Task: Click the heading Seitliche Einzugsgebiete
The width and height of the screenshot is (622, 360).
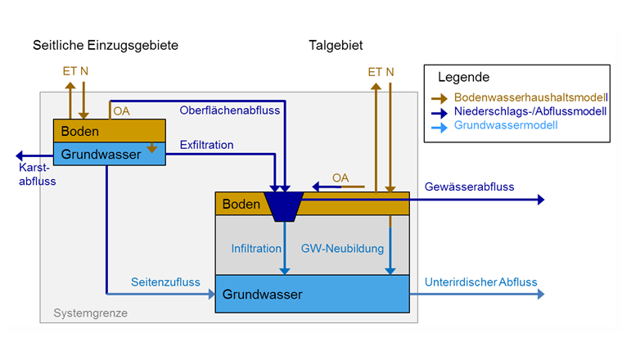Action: click(x=105, y=44)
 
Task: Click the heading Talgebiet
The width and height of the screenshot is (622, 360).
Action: click(x=336, y=44)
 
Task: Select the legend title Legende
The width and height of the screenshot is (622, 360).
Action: click(x=463, y=78)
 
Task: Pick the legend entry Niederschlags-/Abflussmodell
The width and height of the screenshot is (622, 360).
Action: click(x=530, y=111)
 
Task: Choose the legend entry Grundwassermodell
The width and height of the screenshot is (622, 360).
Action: click(x=506, y=125)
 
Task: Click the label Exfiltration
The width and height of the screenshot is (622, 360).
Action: click(x=206, y=146)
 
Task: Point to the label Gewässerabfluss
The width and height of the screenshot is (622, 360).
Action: click(x=469, y=187)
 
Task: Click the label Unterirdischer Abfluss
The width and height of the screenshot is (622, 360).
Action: click(x=480, y=283)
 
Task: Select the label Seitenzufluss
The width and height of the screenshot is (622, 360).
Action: click(x=165, y=283)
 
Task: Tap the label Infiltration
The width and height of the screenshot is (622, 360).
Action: click(x=255, y=248)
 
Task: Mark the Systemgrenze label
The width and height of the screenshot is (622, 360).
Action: click(x=90, y=313)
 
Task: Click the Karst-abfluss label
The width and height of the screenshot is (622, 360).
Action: click(x=37, y=174)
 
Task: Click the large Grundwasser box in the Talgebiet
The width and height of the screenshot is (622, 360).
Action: click(x=312, y=295)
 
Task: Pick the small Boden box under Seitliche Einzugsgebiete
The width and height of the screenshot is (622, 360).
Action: click(x=109, y=131)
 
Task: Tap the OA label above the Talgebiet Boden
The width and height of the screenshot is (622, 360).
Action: click(x=340, y=178)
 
